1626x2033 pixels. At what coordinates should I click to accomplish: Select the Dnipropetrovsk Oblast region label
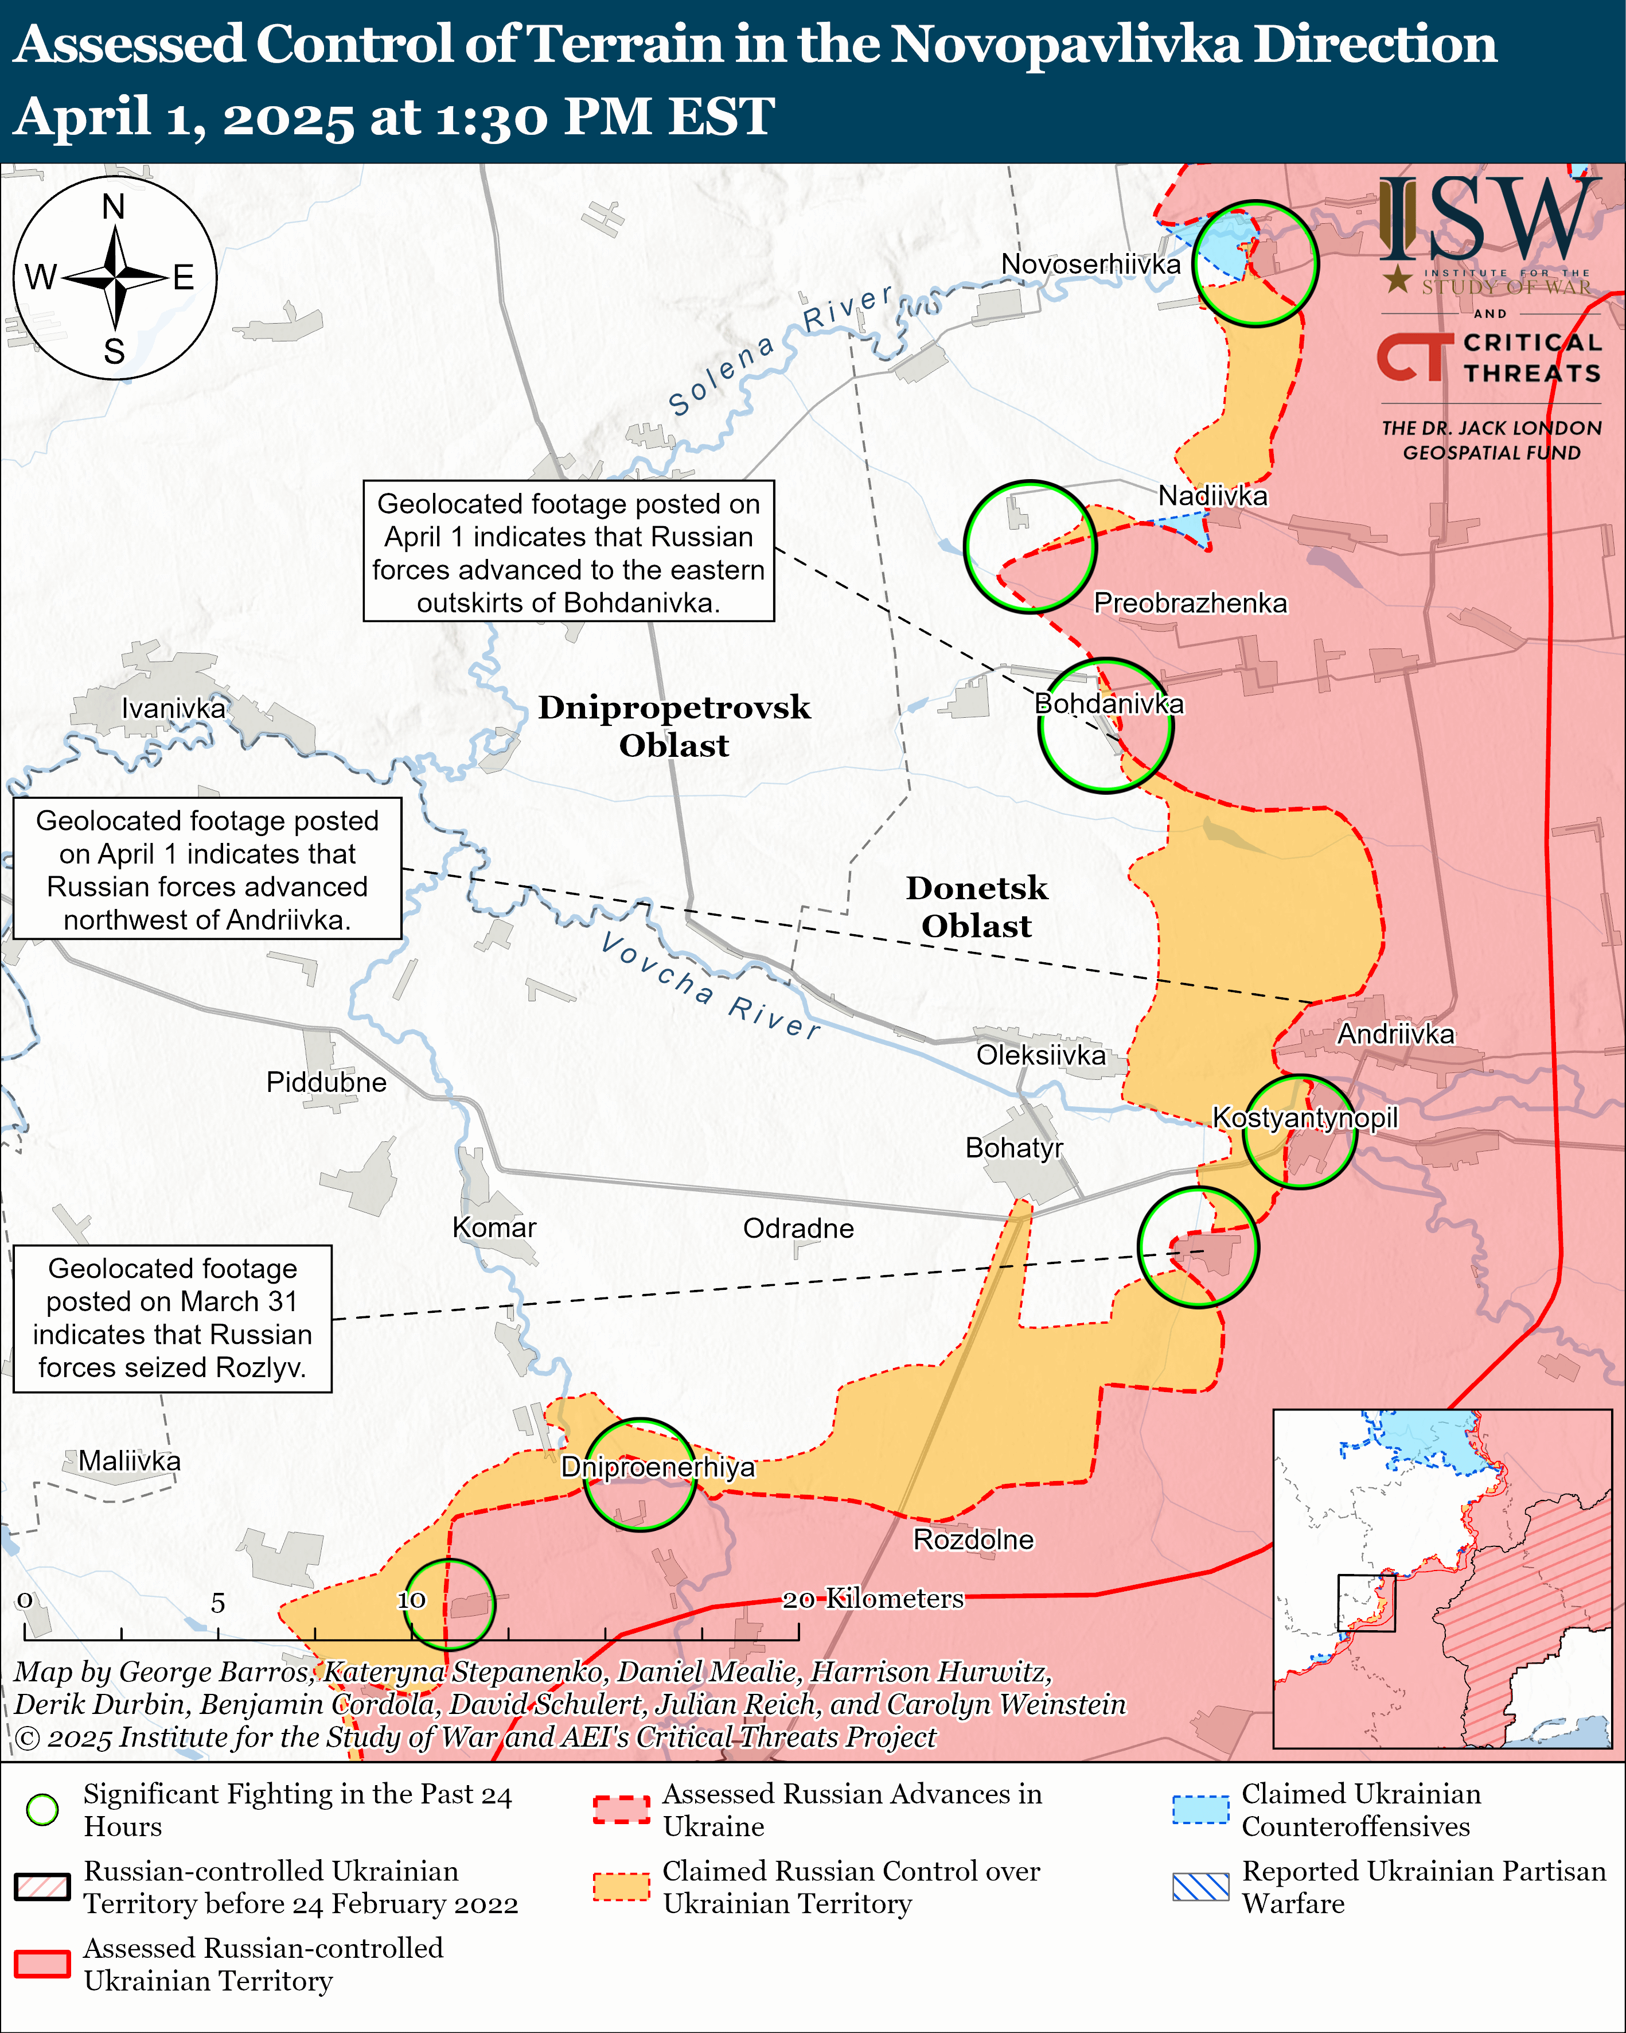point(674,726)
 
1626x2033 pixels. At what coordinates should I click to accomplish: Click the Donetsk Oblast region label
point(977,907)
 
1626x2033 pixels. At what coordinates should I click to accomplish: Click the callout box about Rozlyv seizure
point(173,1318)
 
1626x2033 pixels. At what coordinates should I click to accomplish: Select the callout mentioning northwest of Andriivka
point(208,869)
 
